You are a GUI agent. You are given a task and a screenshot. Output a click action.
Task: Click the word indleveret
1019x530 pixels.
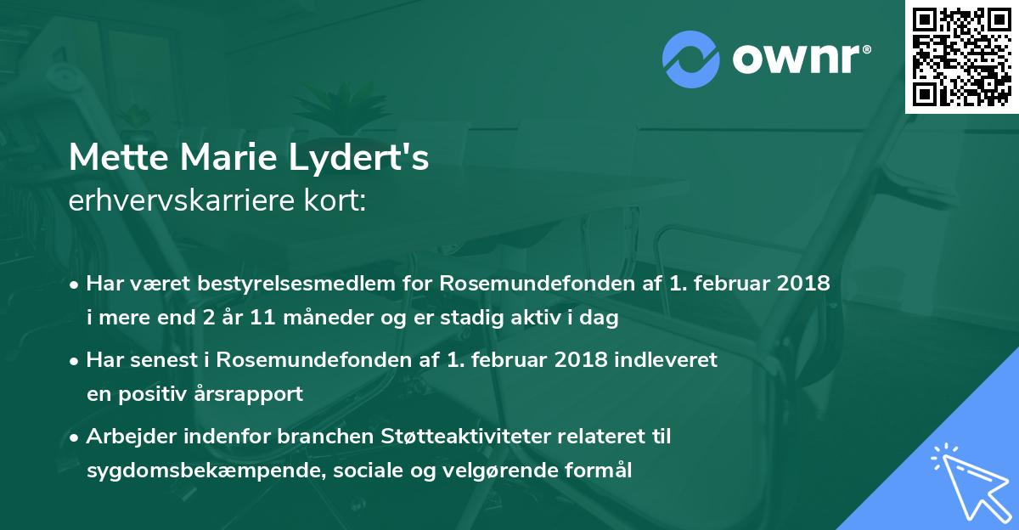tap(665, 360)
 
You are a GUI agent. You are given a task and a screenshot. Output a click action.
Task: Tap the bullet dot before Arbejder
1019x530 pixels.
tap(76, 437)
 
